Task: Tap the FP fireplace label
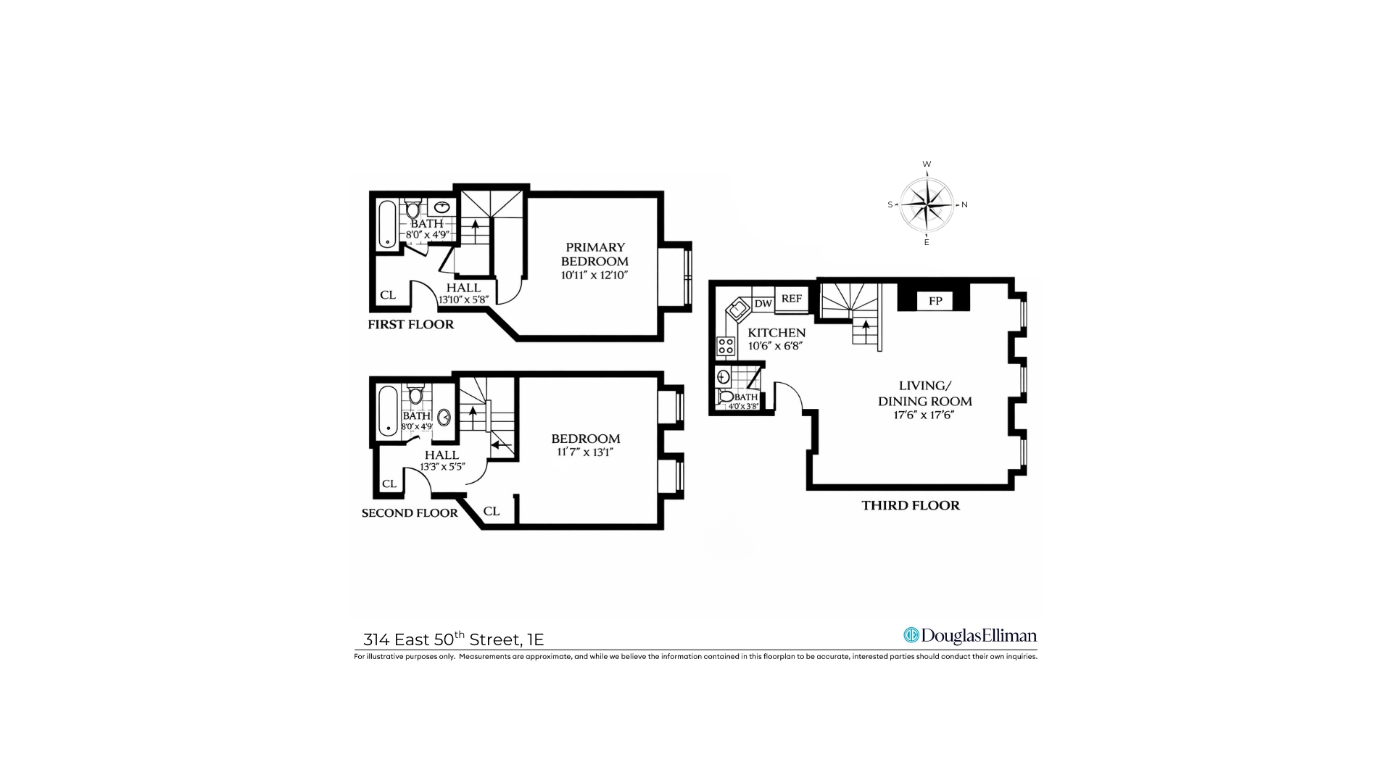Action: pos(935,300)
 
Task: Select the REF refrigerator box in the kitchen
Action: pos(791,299)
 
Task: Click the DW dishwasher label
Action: pos(763,304)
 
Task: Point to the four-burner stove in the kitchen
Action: pos(726,346)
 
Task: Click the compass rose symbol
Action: pos(927,204)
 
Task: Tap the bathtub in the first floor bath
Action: pos(388,224)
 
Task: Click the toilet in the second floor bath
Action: pos(416,396)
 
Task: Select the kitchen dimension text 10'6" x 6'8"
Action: pos(776,346)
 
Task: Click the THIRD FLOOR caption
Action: pos(911,505)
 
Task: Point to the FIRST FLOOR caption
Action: pos(410,324)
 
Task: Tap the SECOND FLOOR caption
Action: pos(410,513)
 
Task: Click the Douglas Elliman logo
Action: pos(970,636)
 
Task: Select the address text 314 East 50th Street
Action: pos(453,639)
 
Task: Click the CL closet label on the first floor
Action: pos(388,295)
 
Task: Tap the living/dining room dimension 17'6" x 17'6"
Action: pos(924,415)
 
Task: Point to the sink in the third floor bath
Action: pos(723,376)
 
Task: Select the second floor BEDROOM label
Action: pos(585,439)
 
